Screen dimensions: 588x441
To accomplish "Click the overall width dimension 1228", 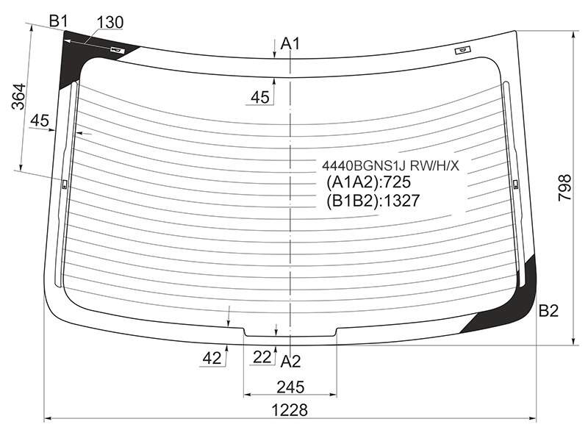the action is click(290, 410).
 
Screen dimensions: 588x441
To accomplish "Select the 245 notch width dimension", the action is click(290, 387).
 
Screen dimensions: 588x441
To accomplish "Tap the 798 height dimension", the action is click(564, 187).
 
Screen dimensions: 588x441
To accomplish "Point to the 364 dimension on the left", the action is click(18, 96).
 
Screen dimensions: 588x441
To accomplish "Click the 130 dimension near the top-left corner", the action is click(110, 23).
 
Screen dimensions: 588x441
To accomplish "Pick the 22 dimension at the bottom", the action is click(262, 357).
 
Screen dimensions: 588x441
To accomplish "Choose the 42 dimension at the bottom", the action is click(212, 359).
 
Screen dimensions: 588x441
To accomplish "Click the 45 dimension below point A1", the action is click(260, 98).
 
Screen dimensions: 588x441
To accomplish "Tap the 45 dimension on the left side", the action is click(40, 121).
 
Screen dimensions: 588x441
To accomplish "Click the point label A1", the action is click(290, 44).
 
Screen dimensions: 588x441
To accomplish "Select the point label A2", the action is click(290, 362).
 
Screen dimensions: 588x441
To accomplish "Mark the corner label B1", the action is click(58, 21).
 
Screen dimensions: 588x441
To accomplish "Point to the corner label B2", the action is click(548, 310).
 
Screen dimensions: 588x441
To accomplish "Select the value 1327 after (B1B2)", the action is click(401, 201).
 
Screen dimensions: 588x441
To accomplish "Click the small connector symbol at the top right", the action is click(463, 50).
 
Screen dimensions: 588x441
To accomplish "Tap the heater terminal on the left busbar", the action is click(64, 184).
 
